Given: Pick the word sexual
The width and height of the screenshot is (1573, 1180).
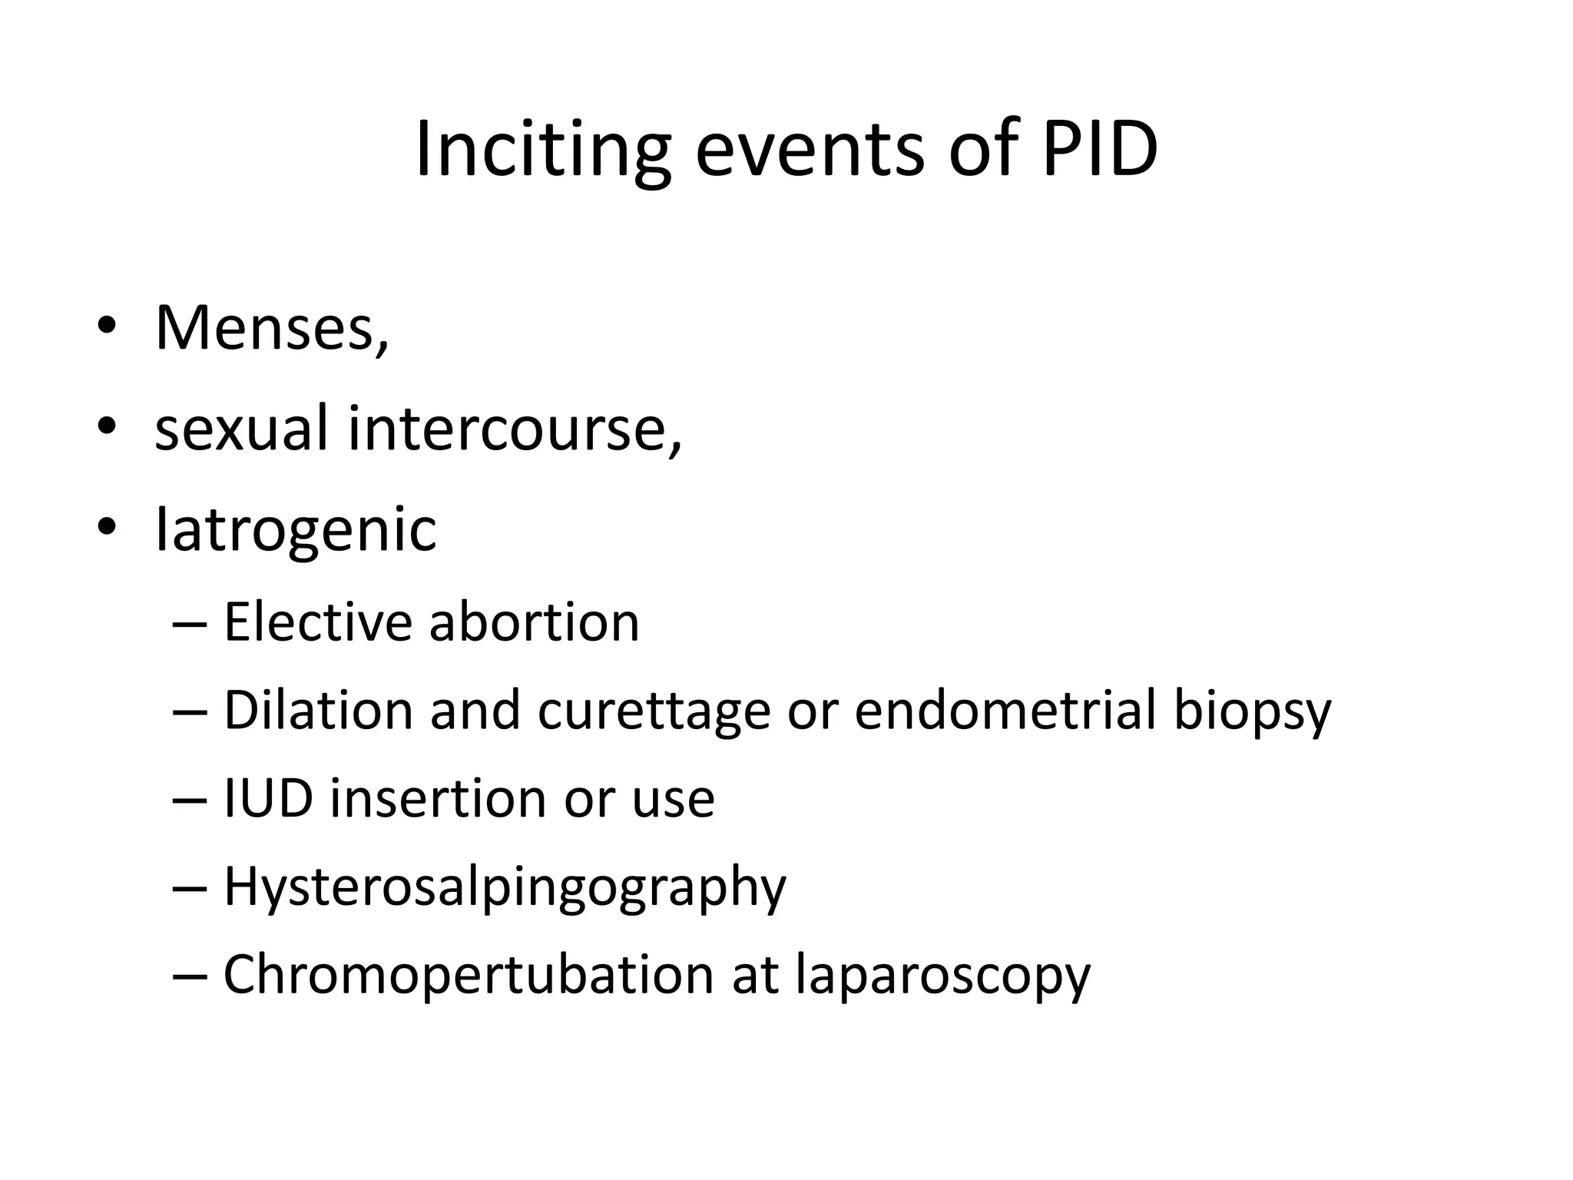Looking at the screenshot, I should coord(241,429).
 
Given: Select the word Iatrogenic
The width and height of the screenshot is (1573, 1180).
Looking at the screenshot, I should coord(296,530).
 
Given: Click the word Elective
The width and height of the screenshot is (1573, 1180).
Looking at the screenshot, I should coord(317,621).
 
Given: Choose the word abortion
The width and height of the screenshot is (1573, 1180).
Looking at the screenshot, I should coord(534,621).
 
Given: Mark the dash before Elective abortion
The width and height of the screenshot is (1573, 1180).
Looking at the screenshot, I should coord(190,624).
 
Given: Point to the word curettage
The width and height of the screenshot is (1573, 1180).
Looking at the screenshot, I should coord(654,711).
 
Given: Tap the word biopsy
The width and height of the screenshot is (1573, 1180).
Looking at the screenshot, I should coord(1252,711).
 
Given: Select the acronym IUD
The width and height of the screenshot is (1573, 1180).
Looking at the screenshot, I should coord(268,798).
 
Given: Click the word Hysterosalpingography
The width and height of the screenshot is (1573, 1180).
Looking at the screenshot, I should coord(505,888).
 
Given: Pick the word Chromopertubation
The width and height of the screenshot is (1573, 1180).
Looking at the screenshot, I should coord(468,976).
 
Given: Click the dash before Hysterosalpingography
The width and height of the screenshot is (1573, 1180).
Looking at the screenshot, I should coord(190,889).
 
